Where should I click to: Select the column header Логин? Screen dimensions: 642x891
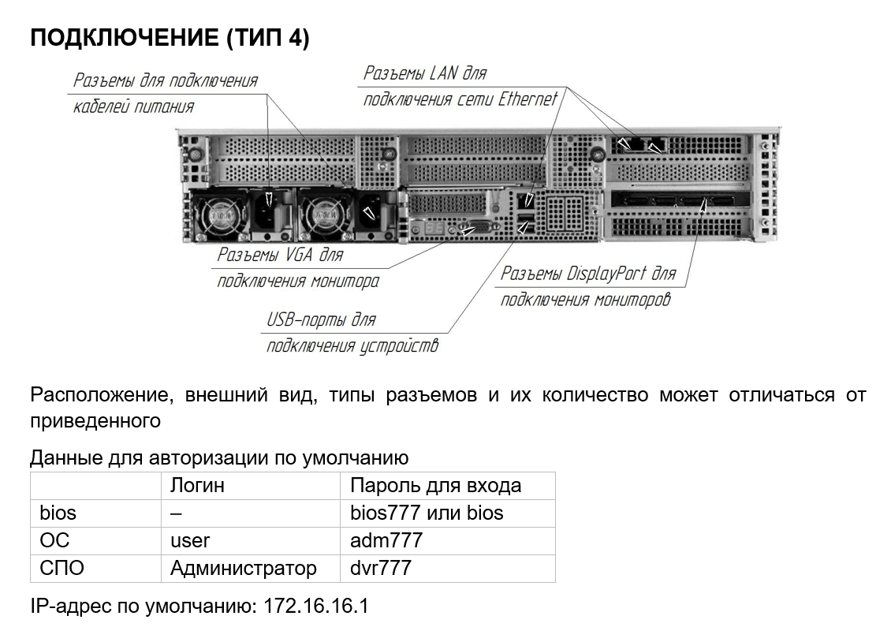197,485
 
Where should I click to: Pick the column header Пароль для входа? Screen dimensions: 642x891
435,485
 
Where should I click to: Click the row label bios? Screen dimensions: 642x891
58,513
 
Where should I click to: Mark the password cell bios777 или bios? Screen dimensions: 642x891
426,513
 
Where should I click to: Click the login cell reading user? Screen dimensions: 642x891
190,540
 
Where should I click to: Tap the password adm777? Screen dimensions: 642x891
386,540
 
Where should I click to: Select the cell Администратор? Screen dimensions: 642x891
243,568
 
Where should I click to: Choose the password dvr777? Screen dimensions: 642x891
381,568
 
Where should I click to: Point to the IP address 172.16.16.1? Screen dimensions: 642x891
316,607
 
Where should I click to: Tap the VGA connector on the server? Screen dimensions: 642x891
471,230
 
